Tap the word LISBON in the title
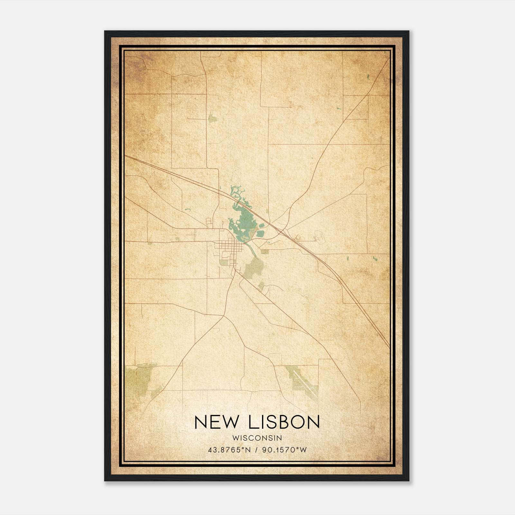pyautogui.click(x=285, y=422)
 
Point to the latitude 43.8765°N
pyautogui.click(x=229, y=450)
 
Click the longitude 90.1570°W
pyautogui.click(x=285, y=450)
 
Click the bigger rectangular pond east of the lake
pyautogui.click(x=260, y=233)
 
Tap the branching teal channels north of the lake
pyautogui.click(x=238, y=193)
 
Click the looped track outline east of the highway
pyautogui.click(x=319, y=237)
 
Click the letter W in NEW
pyautogui.click(x=234, y=422)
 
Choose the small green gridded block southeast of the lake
pyautogui.click(x=265, y=252)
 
